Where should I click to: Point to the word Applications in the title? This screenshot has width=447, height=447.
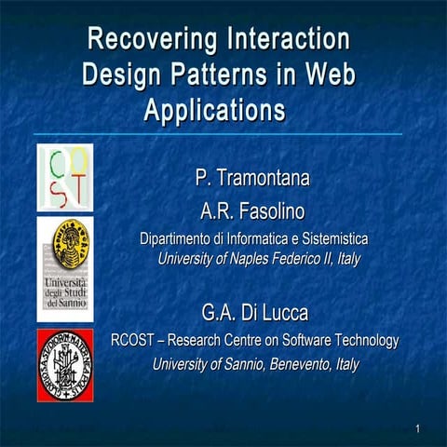click(214, 109)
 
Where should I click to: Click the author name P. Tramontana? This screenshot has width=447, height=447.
click(252, 177)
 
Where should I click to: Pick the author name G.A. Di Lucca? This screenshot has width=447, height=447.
click(254, 312)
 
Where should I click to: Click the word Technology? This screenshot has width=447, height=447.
click(363, 341)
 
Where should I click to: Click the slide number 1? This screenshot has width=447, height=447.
click(419, 428)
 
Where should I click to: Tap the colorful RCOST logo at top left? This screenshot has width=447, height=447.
click(64, 177)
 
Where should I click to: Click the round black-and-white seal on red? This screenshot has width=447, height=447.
click(64, 364)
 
